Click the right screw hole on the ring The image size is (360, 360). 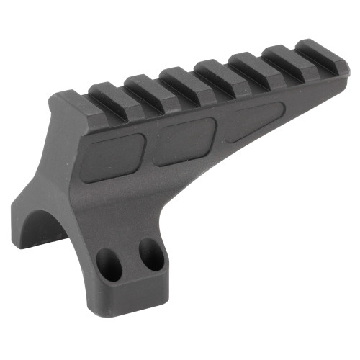click(150, 254)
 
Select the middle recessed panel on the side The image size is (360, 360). click(185, 141)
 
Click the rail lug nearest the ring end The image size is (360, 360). click(72, 105)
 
